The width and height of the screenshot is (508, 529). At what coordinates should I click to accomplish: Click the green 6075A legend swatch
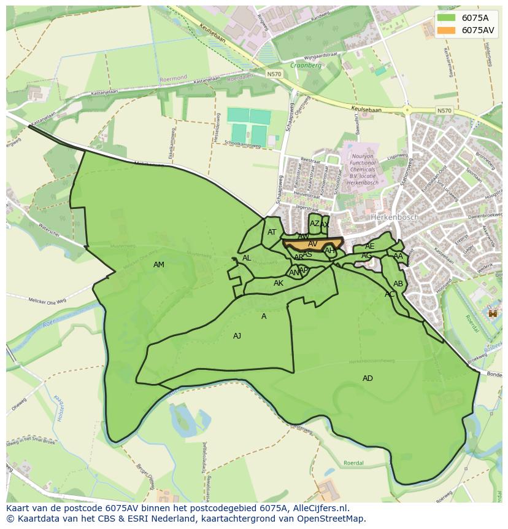[x=447, y=18]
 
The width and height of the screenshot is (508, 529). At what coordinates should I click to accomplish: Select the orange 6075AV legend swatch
[x=447, y=30]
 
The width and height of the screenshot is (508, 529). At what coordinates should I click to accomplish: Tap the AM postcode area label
[x=159, y=265]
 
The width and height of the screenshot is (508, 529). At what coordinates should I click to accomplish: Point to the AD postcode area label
[x=368, y=378]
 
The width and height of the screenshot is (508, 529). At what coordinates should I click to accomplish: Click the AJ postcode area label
[x=237, y=336]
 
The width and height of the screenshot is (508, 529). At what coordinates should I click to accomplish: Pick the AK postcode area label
[x=279, y=283]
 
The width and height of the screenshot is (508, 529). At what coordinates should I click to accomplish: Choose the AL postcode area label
[x=247, y=258]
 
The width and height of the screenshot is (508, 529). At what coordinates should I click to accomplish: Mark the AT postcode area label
[x=272, y=232]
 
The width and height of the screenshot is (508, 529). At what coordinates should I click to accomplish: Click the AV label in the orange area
[x=313, y=244]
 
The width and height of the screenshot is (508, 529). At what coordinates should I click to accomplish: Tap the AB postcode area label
[x=398, y=284]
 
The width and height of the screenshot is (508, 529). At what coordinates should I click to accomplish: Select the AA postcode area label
[x=398, y=256]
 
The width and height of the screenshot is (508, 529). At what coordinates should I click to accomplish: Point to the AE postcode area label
[x=369, y=246]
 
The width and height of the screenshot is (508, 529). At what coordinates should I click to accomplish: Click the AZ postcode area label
[x=314, y=224]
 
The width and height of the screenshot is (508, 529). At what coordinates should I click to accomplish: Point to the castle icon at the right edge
[x=491, y=313]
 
